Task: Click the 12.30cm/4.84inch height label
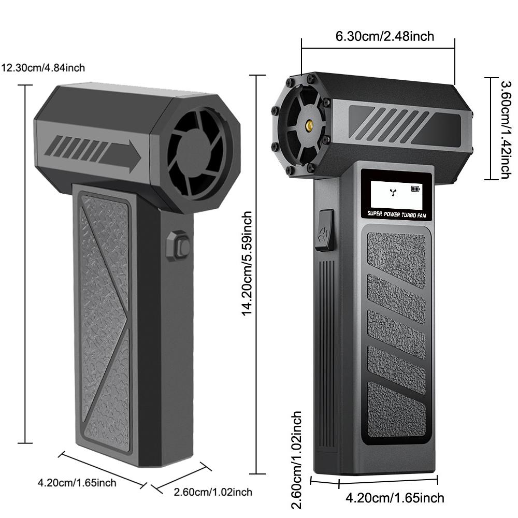pyautogui.click(x=43, y=67)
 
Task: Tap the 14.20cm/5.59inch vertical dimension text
pyautogui.click(x=248, y=263)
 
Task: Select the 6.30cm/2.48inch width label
pyautogui.click(x=384, y=36)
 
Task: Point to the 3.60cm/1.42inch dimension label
pyautogui.click(x=505, y=128)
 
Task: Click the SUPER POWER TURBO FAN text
pyautogui.click(x=396, y=213)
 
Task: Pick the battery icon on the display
pyautogui.click(x=416, y=189)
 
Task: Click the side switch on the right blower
pyautogui.click(x=325, y=230)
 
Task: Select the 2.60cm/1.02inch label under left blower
pyautogui.click(x=213, y=492)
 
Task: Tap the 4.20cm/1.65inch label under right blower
pyautogui.click(x=395, y=498)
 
